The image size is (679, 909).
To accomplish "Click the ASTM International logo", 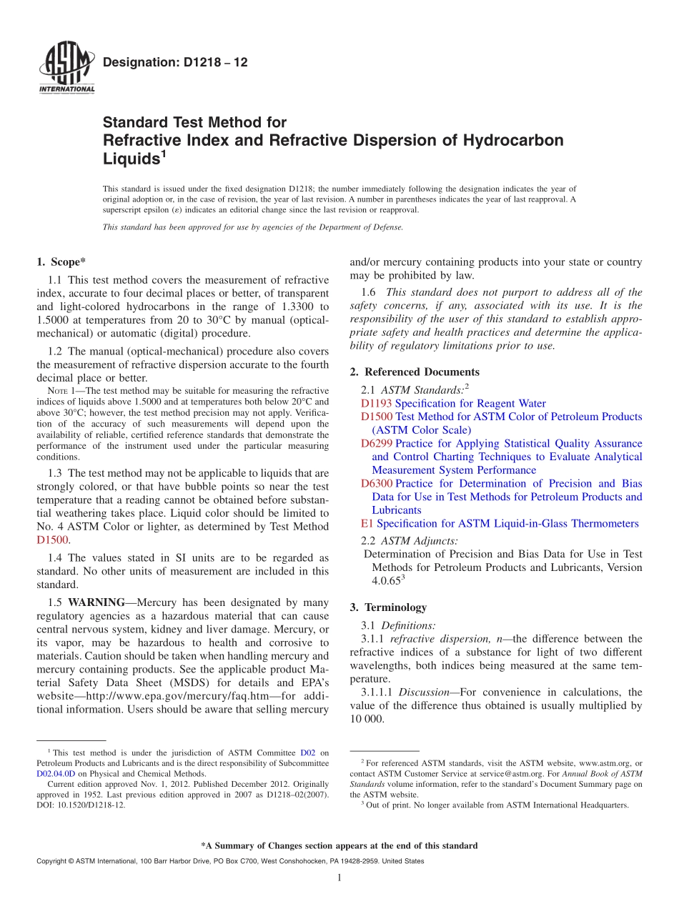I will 66,69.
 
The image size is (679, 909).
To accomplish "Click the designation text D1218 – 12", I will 175,63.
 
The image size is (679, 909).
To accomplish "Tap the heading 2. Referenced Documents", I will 415,372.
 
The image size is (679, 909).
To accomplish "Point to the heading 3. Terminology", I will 388,607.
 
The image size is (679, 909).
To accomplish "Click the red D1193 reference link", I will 376,404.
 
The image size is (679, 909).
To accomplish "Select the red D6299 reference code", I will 376,444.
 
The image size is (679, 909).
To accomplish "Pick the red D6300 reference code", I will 376,484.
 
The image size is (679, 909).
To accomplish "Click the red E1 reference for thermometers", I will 367,524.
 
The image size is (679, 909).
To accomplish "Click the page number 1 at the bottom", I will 339,878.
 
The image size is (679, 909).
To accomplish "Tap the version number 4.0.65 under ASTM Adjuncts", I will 386,581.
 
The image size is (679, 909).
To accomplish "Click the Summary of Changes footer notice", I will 339,845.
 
